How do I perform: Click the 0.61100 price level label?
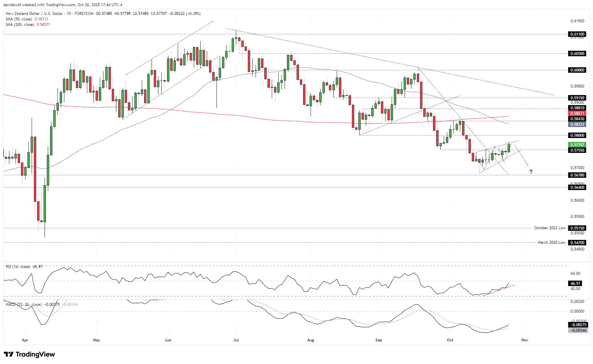click(577, 34)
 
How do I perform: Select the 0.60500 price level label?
click(577, 53)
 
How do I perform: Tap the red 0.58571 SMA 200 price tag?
click(577, 113)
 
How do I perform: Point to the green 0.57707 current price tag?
click(577, 145)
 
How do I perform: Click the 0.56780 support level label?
click(577, 175)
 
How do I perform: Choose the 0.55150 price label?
click(577, 228)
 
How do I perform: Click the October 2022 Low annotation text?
click(549, 228)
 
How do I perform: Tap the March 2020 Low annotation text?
click(551, 242)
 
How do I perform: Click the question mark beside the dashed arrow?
click(531, 172)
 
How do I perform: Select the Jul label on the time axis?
click(236, 340)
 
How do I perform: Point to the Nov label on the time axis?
click(524, 340)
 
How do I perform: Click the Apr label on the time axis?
click(25, 340)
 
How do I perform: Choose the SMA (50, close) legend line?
click(27, 19)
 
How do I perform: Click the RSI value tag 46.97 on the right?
click(576, 283)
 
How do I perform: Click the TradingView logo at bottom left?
click(29, 354)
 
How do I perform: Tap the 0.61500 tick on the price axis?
click(577, 21)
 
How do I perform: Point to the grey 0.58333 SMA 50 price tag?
click(577, 124)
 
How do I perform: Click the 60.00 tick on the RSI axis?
click(576, 273)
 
